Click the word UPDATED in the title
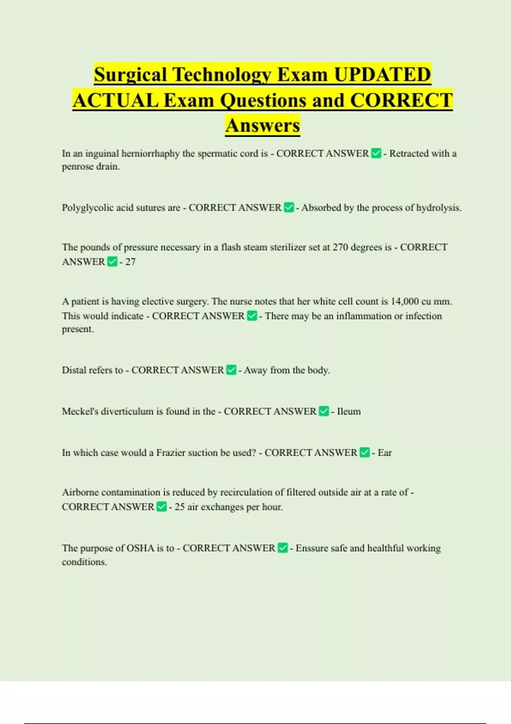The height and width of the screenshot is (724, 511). [382, 75]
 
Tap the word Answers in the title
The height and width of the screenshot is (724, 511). [263, 125]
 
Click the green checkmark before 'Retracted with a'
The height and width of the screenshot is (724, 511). [376, 153]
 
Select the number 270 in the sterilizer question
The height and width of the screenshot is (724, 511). [340, 247]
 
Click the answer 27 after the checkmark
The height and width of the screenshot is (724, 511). [130, 262]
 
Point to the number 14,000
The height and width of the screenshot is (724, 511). [405, 302]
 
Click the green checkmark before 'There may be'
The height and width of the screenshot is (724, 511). [252, 316]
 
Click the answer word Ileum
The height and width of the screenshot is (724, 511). [349, 411]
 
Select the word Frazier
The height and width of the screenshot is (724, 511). [170, 453]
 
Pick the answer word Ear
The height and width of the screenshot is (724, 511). [385, 453]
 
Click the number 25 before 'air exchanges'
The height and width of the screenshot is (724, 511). [179, 507]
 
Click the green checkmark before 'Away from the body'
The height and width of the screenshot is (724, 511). [231, 370]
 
